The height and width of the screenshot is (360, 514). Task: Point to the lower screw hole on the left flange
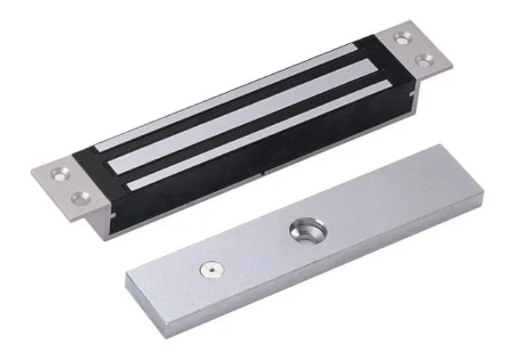coord(80,198)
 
